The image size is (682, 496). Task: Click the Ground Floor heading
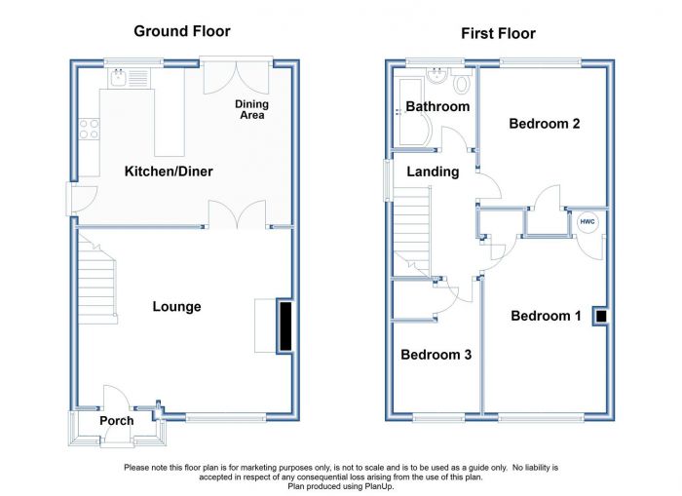[x=182, y=31]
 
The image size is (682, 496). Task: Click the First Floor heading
[x=498, y=33]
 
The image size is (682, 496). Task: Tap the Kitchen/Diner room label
[x=169, y=172]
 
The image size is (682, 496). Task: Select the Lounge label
[x=176, y=307]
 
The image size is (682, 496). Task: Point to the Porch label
[x=117, y=421]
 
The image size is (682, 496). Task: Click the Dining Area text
[x=251, y=110]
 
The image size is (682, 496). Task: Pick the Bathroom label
[x=437, y=106]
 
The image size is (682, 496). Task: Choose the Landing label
[x=433, y=172]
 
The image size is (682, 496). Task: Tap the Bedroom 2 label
[x=544, y=124]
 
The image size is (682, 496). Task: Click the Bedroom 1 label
[x=546, y=316]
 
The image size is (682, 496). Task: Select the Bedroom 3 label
[x=436, y=355]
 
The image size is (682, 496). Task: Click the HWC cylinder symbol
[x=587, y=222]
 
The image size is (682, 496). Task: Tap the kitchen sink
[x=118, y=77]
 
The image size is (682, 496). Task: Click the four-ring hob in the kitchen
[x=89, y=130]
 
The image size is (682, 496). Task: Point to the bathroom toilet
[x=462, y=82]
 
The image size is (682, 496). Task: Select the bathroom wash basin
[x=436, y=76]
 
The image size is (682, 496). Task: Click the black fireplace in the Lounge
[x=285, y=326]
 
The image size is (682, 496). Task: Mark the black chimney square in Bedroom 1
[x=601, y=317]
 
